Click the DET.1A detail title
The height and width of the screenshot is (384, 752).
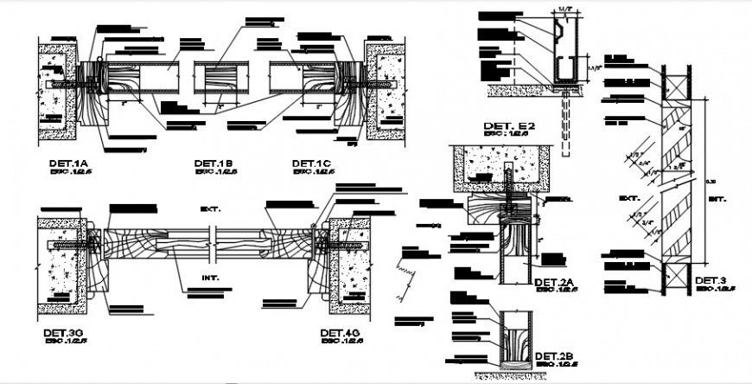click(x=68, y=163)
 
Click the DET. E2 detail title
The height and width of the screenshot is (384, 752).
click(x=509, y=126)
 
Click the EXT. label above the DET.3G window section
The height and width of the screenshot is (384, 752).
click(x=211, y=209)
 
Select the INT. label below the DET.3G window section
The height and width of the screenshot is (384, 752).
click(x=211, y=278)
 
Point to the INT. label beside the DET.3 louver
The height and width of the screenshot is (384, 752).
click(x=718, y=198)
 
